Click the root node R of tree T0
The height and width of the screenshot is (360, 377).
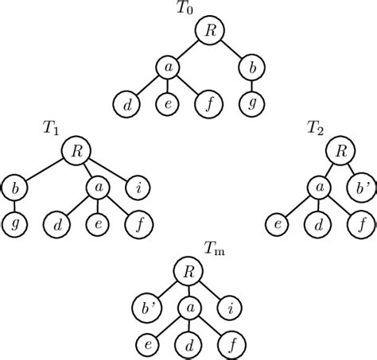click(209, 31)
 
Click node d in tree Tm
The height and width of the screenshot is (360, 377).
click(188, 343)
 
